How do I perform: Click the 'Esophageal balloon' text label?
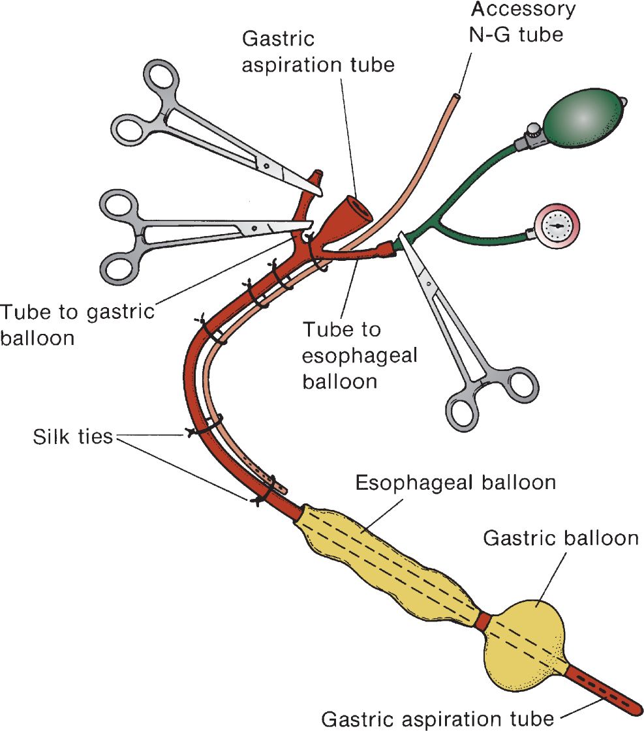coord(455,483)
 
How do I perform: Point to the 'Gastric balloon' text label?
coord(560,538)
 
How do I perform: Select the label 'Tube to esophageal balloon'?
coord(360,355)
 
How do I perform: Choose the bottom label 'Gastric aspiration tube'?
coord(438,719)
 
